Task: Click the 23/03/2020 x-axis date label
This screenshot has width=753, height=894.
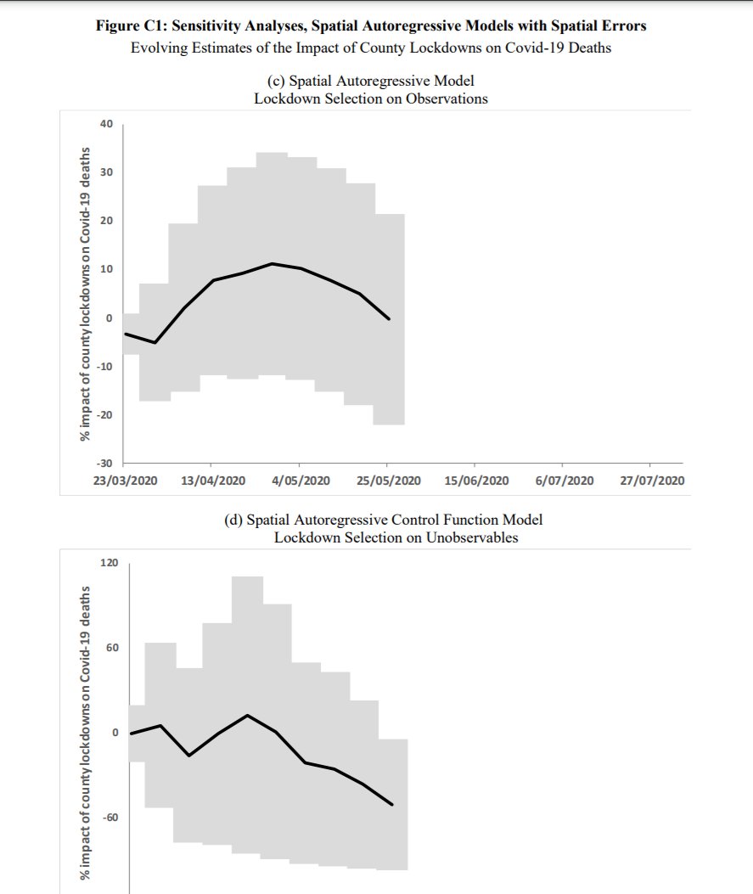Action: tap(126, 481)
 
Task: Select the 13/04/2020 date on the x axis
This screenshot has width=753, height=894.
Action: tap(214, 481)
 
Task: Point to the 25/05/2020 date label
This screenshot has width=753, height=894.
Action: tap(390, 481)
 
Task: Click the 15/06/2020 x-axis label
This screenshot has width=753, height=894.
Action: tap(477, 481)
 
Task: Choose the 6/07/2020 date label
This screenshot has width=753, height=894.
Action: tap(565, 481)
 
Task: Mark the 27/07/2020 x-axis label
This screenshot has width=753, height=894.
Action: tap(652, 481)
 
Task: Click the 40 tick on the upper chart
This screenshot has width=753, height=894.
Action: tap(106, 124)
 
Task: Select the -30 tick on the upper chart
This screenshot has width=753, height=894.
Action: tap(104, 464)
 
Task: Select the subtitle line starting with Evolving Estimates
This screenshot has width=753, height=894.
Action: tap(370, 47)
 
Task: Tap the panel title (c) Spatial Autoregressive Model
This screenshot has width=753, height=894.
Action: tap(370, 82)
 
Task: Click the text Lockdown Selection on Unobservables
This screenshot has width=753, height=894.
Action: tap(396, 537)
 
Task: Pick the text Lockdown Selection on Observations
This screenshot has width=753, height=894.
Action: tap(371, 98)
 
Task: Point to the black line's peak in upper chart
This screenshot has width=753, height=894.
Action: tap(273, 263)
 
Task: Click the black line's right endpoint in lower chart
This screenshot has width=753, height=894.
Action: tap(392, 805)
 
